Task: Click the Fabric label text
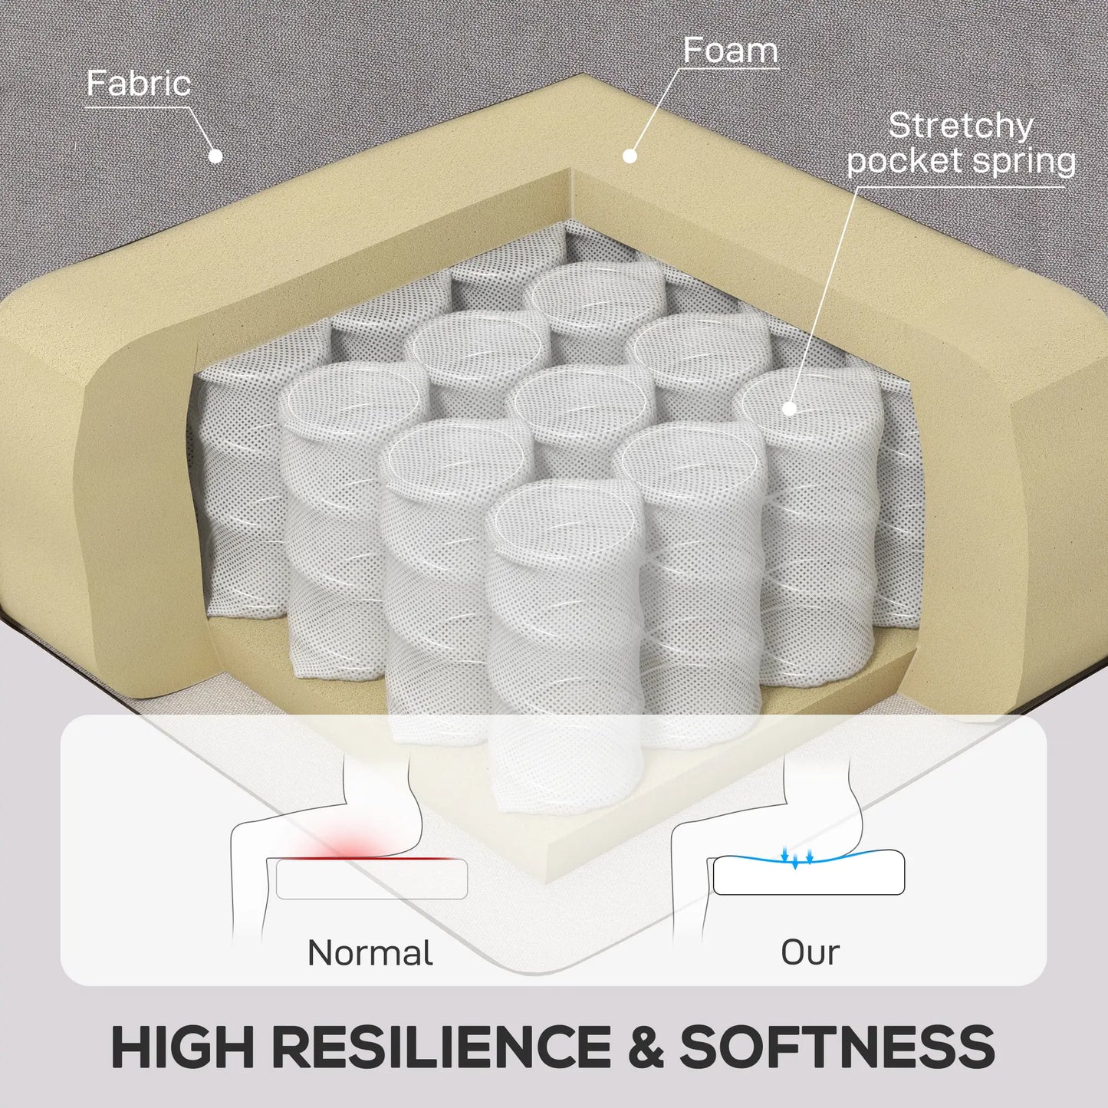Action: click(x=139, y=84)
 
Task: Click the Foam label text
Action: click(x=730, y=51)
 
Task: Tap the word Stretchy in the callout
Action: click(x=961, y=127)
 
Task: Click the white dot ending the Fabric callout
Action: click(x=215, y=155)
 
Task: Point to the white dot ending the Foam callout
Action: click(x=630, y=155)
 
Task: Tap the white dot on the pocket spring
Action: click(x=790, y=408)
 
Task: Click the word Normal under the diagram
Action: click(x=370, y=953)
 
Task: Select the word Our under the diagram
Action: click(x=810, y=953)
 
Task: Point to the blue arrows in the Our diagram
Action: click(x=797, y=856)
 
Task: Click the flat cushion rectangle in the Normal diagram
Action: click(x=371, y=879)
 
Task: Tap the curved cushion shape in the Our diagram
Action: click(x=808, y=873)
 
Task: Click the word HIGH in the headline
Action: click(x=182, y=1046)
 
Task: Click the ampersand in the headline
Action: click(x=645, y=1046)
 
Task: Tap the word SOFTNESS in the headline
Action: click(x=837, y=1046)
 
